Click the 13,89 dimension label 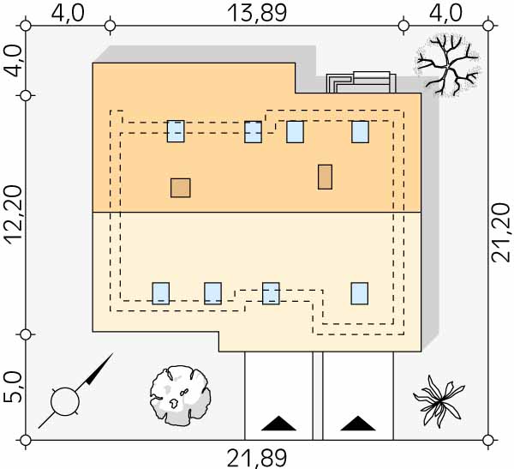point(256,13)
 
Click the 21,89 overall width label point(256,458)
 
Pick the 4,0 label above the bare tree point(445,13)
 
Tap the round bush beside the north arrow point(180,395)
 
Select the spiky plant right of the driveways point(439,398)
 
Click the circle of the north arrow point(65,400)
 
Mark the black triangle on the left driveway point(279,423)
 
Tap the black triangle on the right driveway point(357,423)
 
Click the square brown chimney point(180,188)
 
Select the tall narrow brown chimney point(325,177)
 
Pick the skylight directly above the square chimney point(176,131)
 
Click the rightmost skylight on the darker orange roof point(360,132)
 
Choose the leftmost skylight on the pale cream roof point(161,293)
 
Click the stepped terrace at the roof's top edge point(360,82)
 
